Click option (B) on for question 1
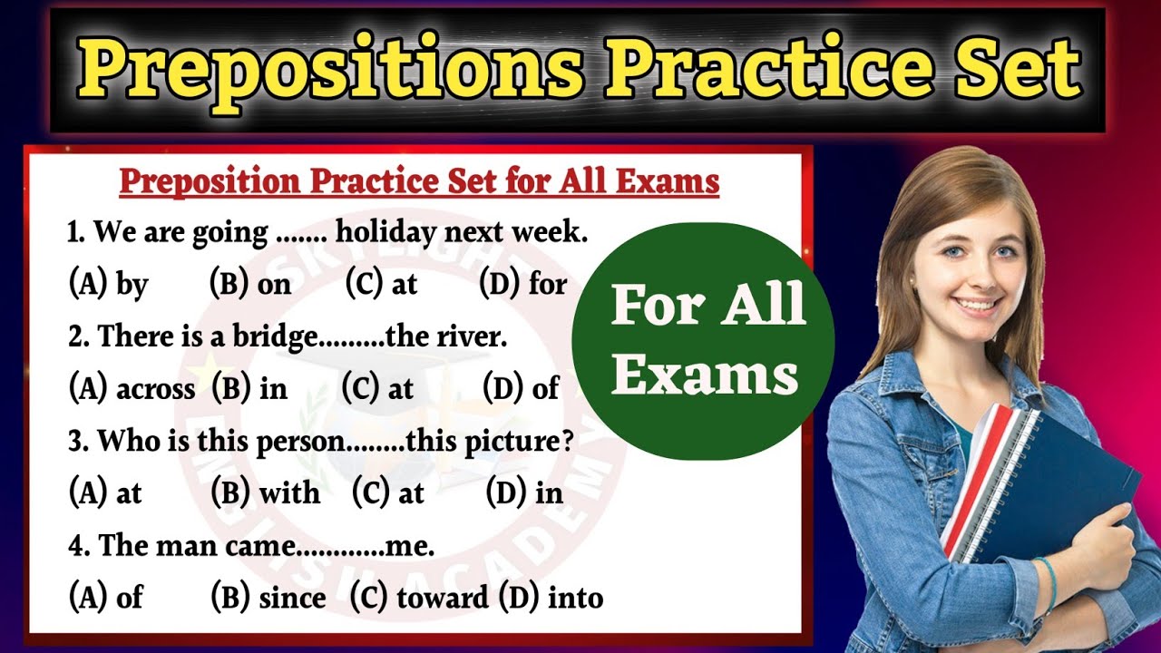[250, 284]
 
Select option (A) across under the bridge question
[132, 388]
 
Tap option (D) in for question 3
[524, 492]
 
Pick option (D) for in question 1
[522, 284]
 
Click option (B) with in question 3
[265, 492]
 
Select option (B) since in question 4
[268, 598]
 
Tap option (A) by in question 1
[108, 284]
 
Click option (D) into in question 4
[551, 598]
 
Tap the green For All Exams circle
[704, 340]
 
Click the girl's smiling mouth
[977, 305]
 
